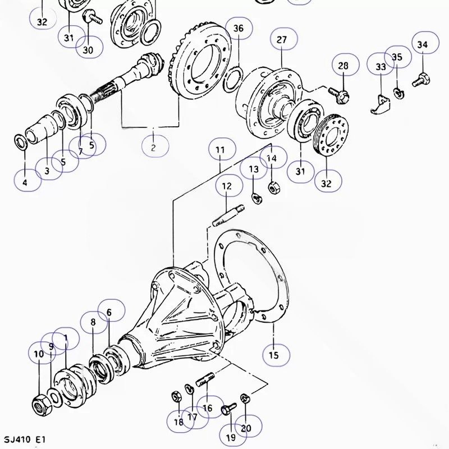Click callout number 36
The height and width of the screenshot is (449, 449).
pyautogui.click(x=239, y=29)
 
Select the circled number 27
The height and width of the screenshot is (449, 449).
pyautogui.click(x=282, y=39)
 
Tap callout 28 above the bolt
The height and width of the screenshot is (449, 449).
pyautogui.click(x=343, y=66)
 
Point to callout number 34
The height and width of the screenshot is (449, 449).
pyautogui.click(x=423, y=44)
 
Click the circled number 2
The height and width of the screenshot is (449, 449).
pyautogui.click(x=153, y=148)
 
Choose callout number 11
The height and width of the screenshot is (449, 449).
pyautogui.click(x=221, y=150)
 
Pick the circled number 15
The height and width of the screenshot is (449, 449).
pyautogui.click(x=274, y=355)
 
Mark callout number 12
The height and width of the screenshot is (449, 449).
pyautogui.click(x=227, y=186)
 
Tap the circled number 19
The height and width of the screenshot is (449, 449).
pyautogui.click(x=231, y=437)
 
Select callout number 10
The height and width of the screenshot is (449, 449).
pyautogui.click(x=39, y=354)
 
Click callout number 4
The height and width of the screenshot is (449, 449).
pyautogui.click(x=25, y=182)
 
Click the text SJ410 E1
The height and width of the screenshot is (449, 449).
pyautogui.click(x=25, y=439)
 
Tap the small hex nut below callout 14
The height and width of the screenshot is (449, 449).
pyautogui.click(x=274, y=188)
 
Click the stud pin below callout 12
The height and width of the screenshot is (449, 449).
pyautogui.click(x=228, y=215)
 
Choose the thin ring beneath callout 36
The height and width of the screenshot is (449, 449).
pyautogui.click(x=233, y=80)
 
